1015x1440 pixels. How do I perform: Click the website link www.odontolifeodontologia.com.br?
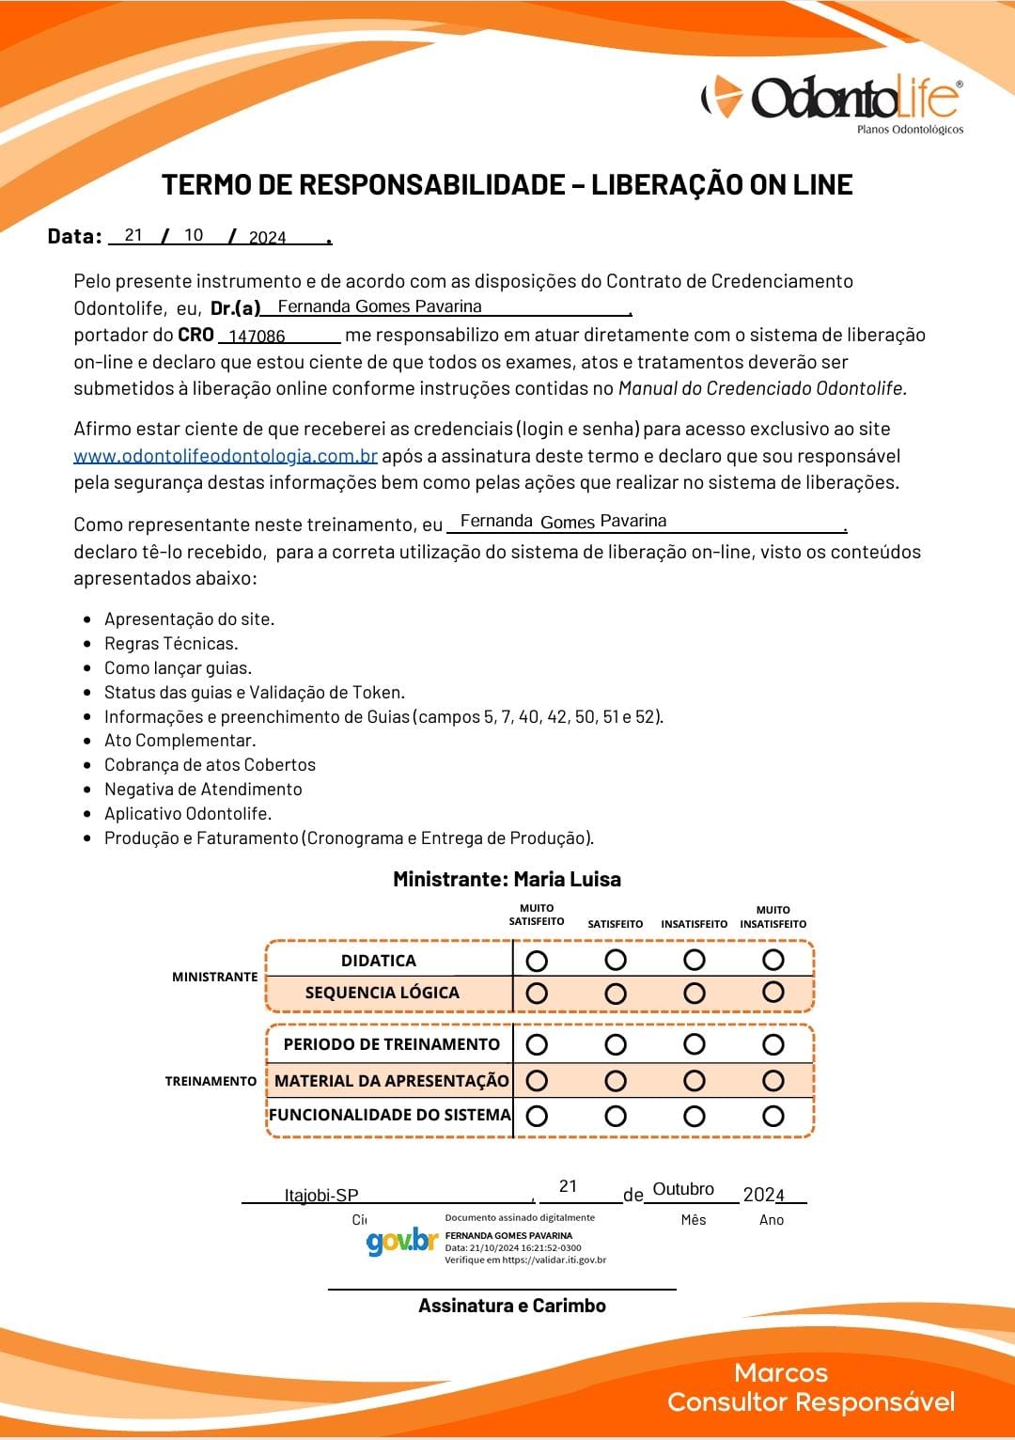point(226,457)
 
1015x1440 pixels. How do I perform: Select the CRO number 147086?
point(257,337)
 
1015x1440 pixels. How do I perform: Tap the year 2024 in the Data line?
point(267,238)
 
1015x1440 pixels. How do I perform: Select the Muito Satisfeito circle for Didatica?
point(537,961)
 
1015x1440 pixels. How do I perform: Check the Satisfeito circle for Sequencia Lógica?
point(616,993)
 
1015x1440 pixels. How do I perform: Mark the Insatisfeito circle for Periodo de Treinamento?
point(695,1044)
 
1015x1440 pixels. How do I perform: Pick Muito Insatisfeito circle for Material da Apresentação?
point(773,1081)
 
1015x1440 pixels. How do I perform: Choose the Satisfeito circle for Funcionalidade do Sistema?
point(616,1116)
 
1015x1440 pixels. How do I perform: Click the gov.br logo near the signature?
point(401,1243)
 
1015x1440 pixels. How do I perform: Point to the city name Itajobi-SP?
point(321,1196)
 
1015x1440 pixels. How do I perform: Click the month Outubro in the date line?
point(683,1189)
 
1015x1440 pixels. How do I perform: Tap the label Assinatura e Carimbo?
point(512,1306)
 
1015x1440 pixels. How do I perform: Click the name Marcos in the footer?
point(781,1373)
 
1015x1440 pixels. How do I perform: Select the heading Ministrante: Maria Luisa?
point(507,880)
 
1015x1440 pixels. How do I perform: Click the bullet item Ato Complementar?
point(180,741)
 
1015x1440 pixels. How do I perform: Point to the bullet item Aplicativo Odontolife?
point(187,814)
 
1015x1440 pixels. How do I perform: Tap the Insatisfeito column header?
point(694,924)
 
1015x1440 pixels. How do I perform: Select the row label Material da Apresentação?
point(391,1081)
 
